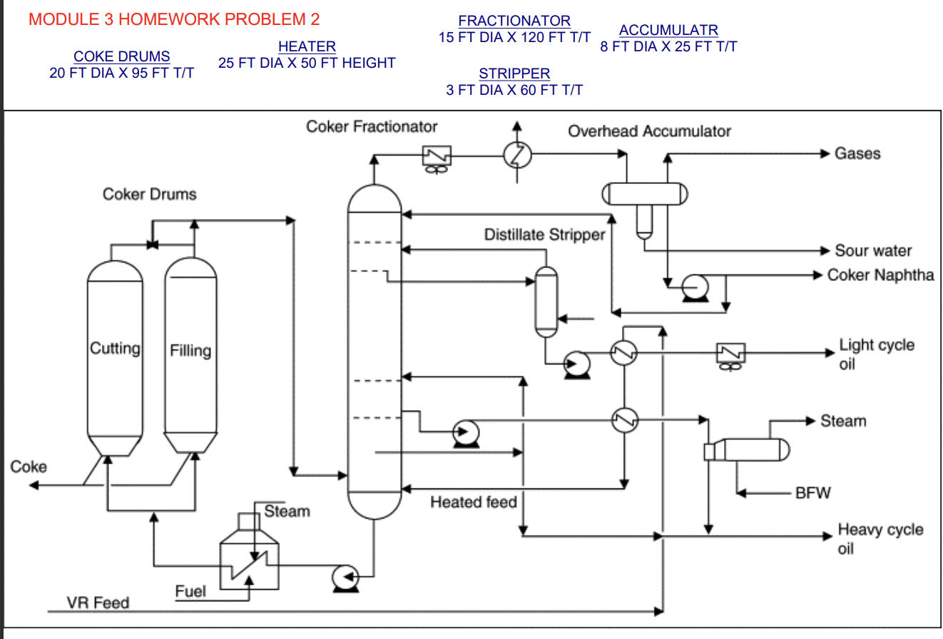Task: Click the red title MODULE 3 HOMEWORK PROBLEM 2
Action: tap(174, 19)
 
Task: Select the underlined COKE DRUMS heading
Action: tap(122, 56)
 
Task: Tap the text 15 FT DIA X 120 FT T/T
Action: tap(514, 38)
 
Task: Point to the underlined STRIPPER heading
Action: tap(514, 73)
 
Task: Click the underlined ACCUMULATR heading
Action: tap(668, 31)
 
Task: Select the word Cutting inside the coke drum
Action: tap(115, 349)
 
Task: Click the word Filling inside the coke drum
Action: tap(190, 351)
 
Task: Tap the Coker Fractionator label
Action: tap(372, 127)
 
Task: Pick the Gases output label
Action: tap(857, 153)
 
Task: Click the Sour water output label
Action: tap(873, 250)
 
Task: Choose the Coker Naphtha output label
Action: tap(880, 275)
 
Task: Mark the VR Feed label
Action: tap(98, 603)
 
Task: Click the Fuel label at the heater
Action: tap(190, 591)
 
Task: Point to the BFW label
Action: tap(813, 493)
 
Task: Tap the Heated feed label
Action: tap(473, 503)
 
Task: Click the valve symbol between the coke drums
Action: tap(152, 245)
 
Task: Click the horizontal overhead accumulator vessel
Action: tap(645, 193)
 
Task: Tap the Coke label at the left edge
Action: tap(29, 467)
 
